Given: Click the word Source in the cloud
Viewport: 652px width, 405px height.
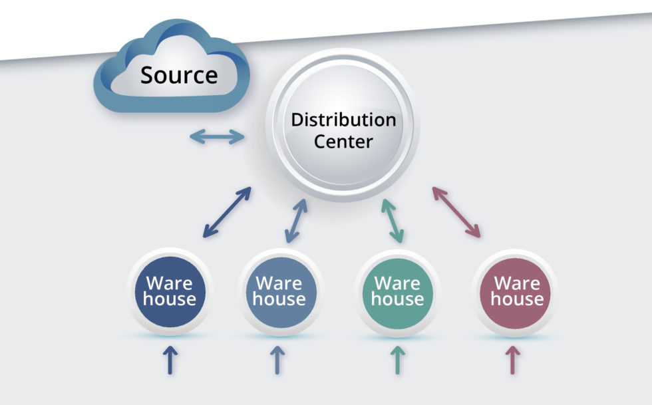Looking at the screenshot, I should coord(178,75).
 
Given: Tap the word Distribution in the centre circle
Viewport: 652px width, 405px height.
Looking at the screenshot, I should coord(343,120).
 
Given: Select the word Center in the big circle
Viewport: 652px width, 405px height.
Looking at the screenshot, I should coord(343,142).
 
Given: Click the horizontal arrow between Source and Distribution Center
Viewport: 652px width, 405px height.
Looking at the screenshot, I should coord(217,137).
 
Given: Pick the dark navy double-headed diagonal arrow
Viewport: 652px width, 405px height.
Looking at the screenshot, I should coord(227,212).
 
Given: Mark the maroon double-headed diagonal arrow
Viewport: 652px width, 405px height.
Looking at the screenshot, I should coord(456,212).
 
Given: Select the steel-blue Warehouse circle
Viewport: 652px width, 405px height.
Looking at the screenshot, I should coord(278,291).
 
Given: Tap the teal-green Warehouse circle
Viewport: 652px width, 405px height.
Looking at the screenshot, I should coord(397,291).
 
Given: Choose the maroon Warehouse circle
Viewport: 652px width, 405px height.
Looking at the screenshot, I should coord(516,291).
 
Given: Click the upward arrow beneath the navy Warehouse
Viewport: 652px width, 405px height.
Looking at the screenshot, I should coord(170,359).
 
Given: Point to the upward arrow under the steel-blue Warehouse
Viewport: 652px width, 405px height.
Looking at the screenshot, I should coord(279,359).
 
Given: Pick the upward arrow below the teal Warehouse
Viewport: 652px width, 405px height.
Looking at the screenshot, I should coord(398,359).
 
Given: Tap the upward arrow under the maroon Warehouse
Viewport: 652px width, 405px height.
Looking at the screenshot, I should coord(512,359).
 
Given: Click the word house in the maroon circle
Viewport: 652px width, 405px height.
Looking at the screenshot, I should coord(517,299).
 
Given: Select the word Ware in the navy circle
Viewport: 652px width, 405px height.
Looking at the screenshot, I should coord(169,283).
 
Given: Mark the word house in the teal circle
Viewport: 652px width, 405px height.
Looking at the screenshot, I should coord(397,299).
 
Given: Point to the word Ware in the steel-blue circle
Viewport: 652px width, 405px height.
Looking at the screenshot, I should coord(278,283).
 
